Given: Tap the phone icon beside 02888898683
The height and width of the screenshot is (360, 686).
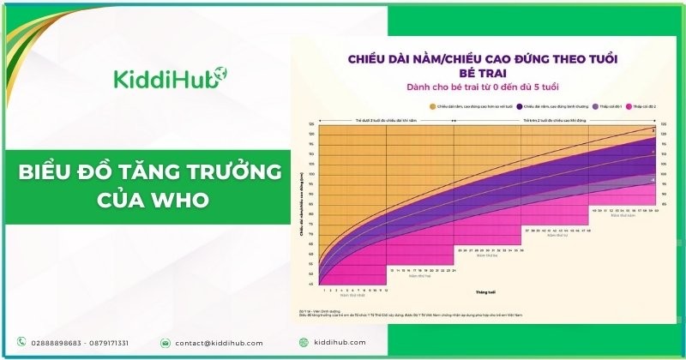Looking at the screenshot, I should [x=21, y=342].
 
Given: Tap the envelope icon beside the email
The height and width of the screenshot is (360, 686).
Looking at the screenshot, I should [x=165, y=342].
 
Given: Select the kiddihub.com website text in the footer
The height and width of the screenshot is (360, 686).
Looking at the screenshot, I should [x=340, y=342].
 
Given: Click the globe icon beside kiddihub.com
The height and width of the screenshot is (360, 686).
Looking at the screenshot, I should [x=303, y=342].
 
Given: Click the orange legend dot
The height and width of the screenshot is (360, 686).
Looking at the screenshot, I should [x=433, y=107].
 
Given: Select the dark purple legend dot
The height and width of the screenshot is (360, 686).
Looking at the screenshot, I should [x=519, y=107].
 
